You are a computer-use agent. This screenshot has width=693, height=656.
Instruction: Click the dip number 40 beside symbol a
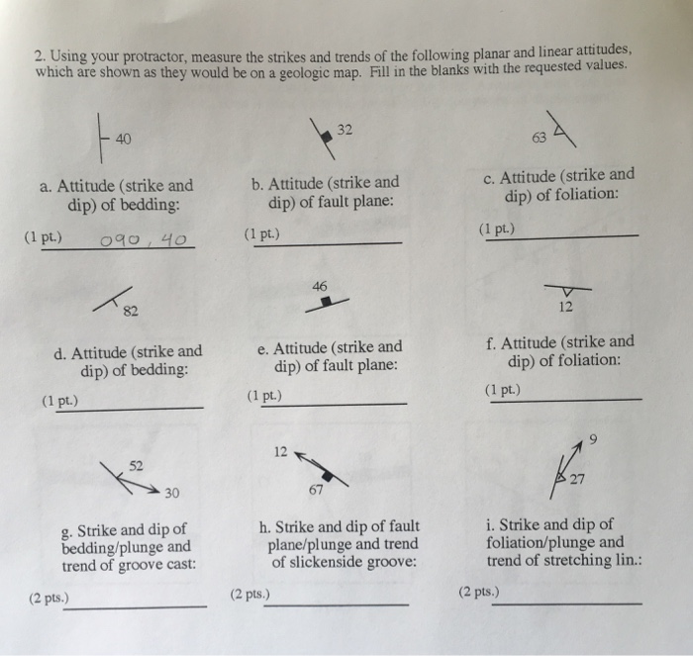(122, 139)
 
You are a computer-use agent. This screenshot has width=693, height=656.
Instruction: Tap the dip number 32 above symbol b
(344, 129)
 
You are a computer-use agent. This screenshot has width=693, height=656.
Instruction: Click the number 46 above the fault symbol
(319, 285)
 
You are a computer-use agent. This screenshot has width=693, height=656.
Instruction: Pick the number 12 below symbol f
(564, 308)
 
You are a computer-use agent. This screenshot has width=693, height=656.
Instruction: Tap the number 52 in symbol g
(136, 465)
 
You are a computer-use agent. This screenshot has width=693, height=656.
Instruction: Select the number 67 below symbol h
(315, 492)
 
